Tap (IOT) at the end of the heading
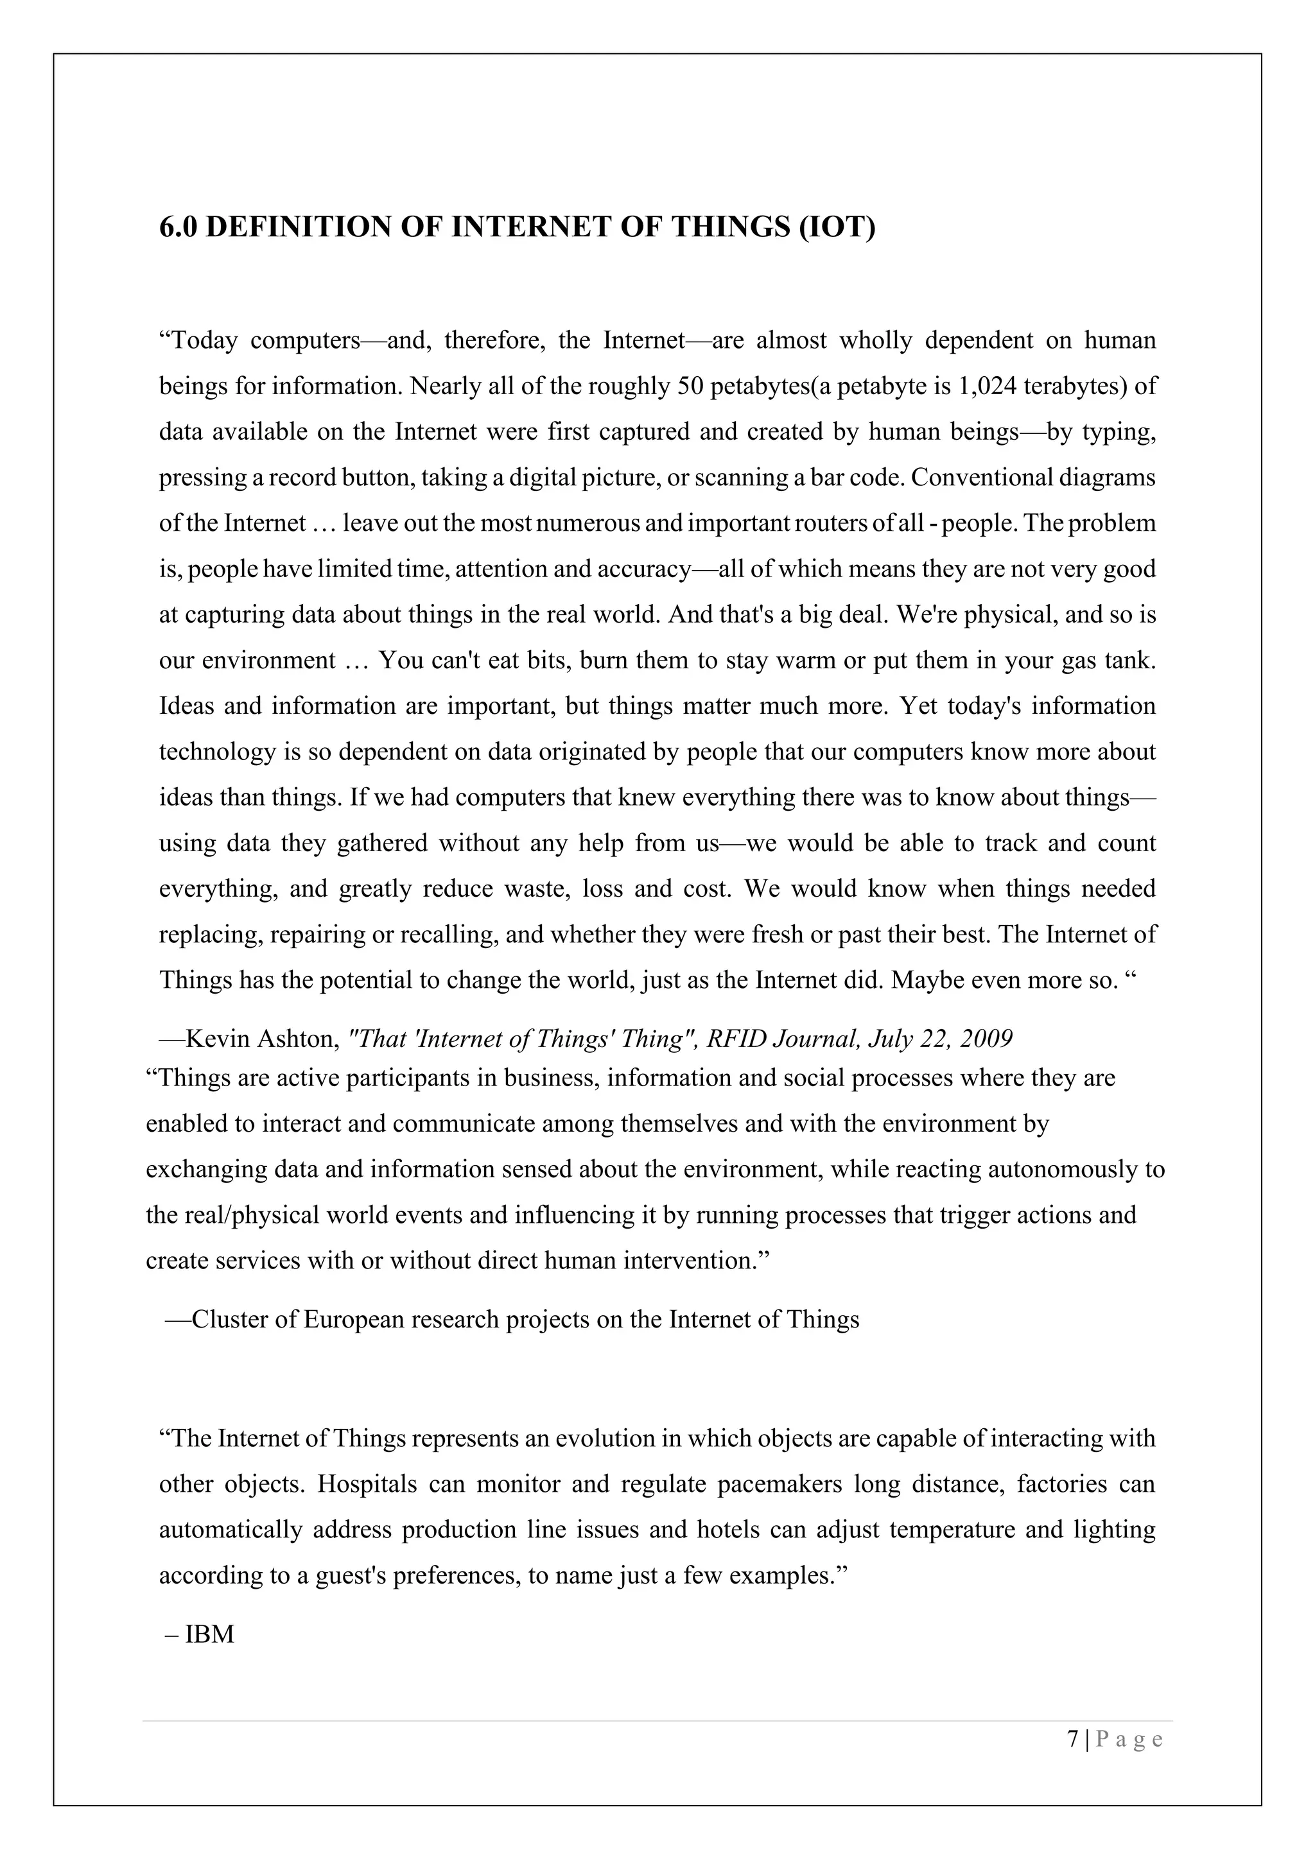pyautogui.click(x=837, y=227)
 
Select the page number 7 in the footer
pyautogui.click(x=1073, y=1739)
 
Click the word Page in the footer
pyautogui.click(x=1129, y=1739)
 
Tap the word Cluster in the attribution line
pyautogui.click(x=230, y=1320)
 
